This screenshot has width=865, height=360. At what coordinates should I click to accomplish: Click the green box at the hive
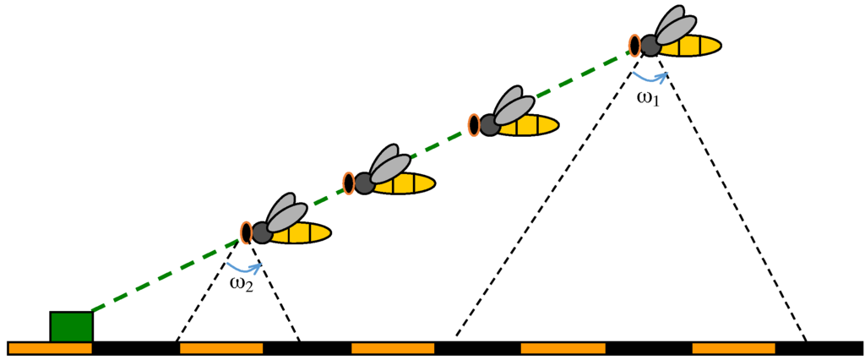pos(71,326)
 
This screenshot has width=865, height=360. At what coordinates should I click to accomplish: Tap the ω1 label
pos(648,99)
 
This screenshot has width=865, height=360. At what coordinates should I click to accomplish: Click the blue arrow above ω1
pos(650,77)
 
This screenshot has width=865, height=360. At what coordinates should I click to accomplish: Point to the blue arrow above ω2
pos(246,265)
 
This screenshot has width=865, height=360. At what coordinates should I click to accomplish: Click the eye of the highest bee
pos(634,44)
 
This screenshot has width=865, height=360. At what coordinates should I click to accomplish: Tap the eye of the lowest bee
pos(247,232)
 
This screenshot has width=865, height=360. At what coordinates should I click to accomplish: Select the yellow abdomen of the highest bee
pos(692,46)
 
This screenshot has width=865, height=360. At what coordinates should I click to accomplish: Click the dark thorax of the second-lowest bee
pos(364,183)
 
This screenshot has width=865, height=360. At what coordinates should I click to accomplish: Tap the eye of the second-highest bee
pos(475,125)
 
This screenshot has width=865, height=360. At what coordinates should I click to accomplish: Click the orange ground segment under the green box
pos(50,348)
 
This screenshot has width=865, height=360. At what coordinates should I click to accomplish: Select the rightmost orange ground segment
pos(733,348)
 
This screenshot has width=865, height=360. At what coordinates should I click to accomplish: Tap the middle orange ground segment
pos(392,348)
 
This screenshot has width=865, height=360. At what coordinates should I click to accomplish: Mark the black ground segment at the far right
pos(819,348)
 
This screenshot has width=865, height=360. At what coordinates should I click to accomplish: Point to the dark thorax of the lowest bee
pos(262,232)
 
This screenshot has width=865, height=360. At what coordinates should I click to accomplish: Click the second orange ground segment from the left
pos(221,348)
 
